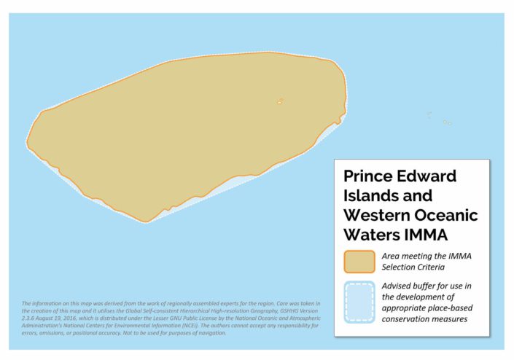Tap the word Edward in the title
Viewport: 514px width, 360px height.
[430, 176]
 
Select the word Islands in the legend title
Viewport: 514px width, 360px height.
[378, 196]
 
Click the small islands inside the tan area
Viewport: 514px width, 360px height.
[280, 101]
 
